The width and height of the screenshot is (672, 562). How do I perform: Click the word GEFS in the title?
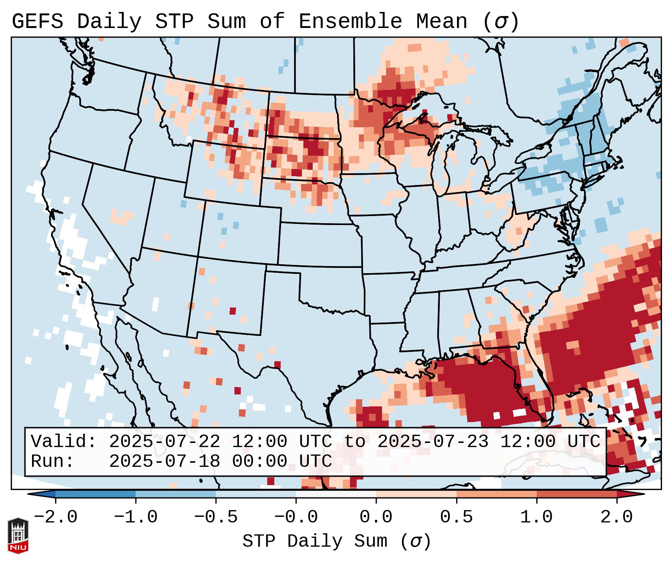37,22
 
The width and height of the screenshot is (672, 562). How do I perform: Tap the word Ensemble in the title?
350,22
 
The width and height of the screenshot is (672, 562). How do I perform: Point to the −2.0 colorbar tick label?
56,517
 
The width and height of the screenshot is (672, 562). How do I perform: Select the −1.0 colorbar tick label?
136,517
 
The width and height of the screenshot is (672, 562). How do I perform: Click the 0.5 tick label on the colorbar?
457,517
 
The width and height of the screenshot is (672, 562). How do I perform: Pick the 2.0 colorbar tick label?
617,517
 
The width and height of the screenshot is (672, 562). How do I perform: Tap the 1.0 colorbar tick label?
537,517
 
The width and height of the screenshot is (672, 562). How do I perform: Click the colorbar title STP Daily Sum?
315,541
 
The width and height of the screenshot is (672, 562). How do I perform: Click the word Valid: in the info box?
64,442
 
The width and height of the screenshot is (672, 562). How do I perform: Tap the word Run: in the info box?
53,462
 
